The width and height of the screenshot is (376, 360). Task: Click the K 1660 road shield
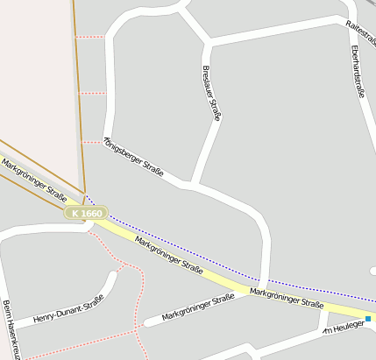click(87, 213)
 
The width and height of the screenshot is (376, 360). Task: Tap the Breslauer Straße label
click(213, 93)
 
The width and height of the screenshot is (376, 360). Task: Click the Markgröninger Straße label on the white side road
click(198, 308)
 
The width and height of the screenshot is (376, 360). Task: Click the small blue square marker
click(369, 320)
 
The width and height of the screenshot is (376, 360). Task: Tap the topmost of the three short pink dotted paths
click(89, 37)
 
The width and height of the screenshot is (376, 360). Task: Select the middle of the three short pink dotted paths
click(91, 93)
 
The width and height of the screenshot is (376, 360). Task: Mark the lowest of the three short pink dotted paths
click(92, 141)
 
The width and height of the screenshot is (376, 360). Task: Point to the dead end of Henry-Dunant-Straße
click(114, 274)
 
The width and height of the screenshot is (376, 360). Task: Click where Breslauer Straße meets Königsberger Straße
click(192, 185)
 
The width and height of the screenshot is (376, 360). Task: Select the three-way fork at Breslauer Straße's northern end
click(209, 41)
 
